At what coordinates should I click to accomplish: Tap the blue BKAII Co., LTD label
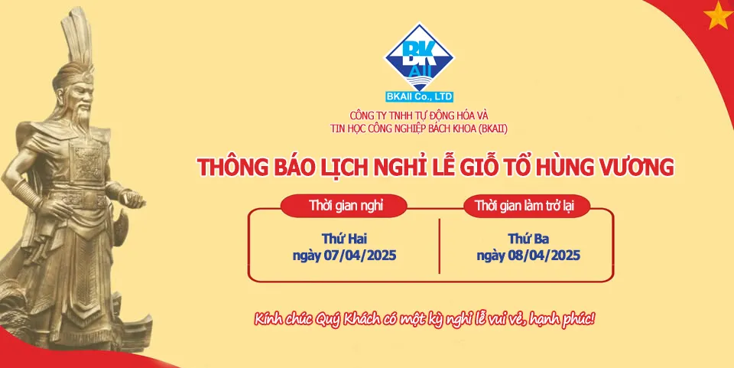click(x=420, y=97)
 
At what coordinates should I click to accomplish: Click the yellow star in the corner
click(x=719, y=15)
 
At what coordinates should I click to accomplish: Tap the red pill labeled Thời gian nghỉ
click(x=343, y=206)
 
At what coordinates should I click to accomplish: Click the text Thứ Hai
click(x=344, y=239)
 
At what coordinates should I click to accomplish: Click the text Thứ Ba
click(x=528, y=239)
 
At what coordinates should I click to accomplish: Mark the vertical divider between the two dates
click(x=439, y=246)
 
